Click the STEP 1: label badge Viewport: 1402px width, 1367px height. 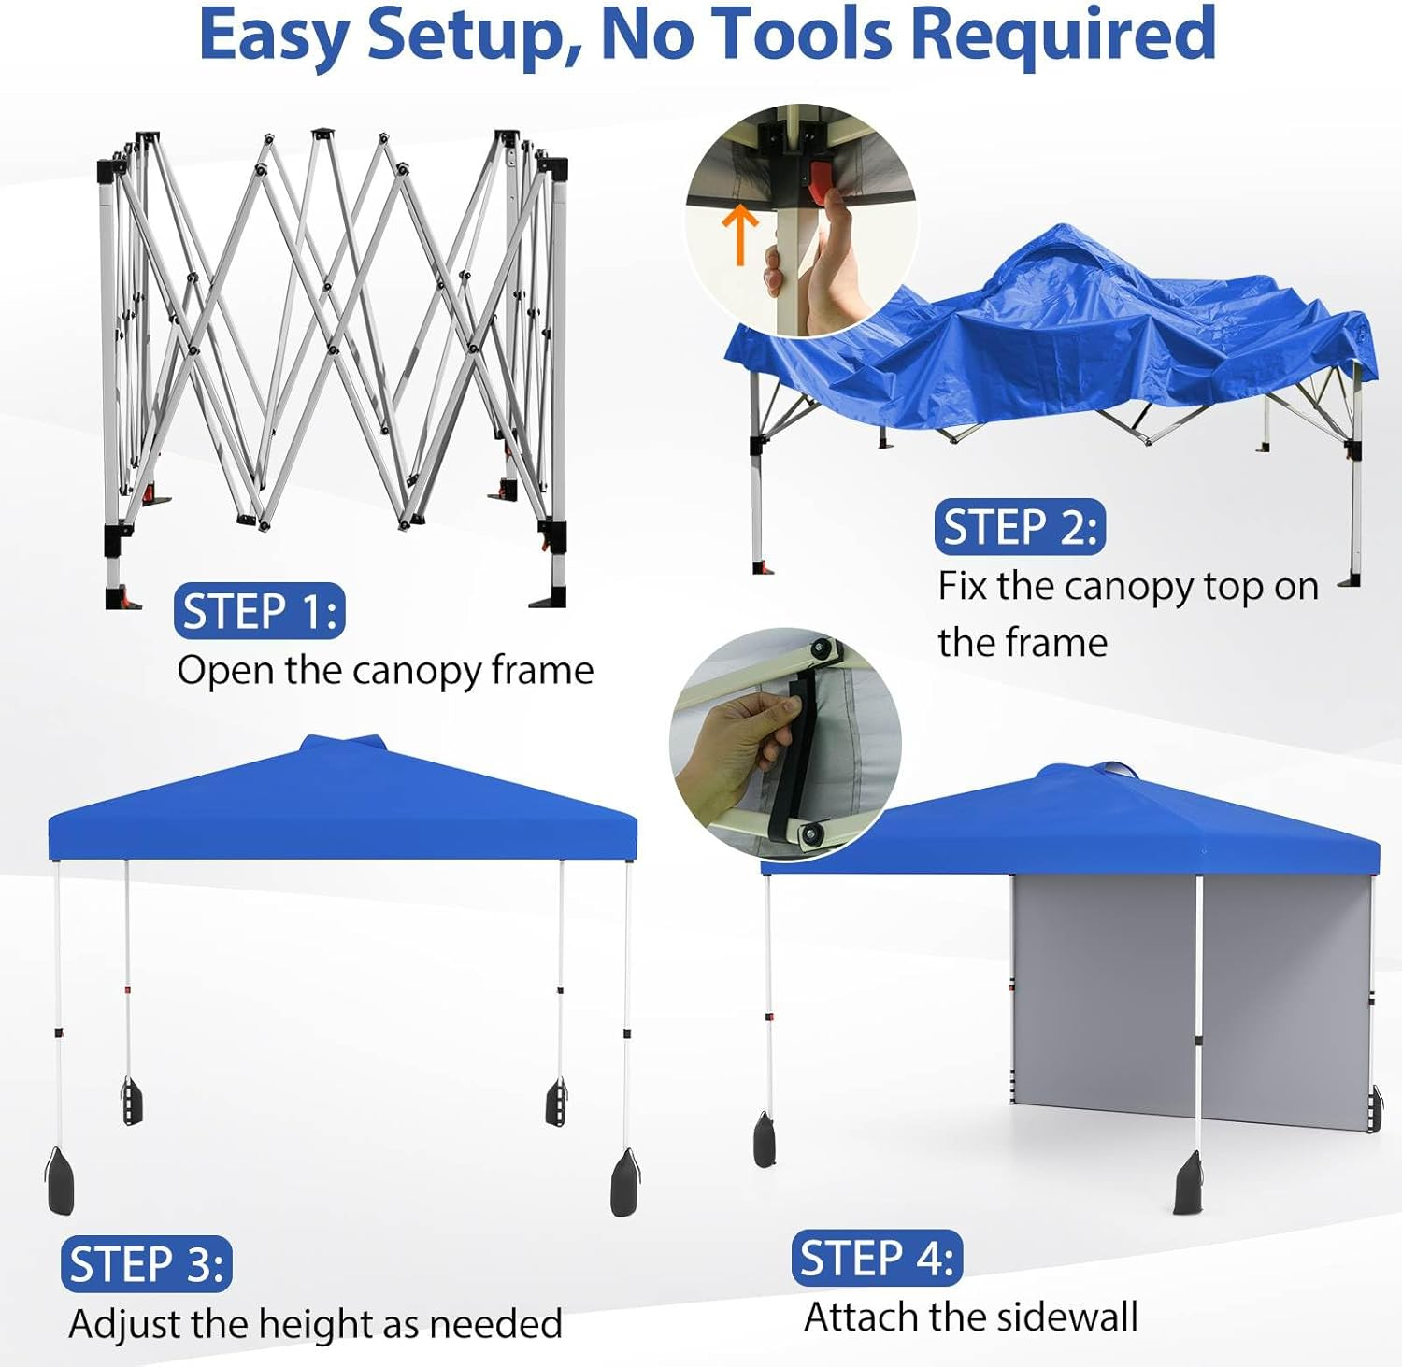tap(259, 612)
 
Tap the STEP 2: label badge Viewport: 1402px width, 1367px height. tap(1019, 527)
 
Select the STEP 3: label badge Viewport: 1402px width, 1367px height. tap(147, 1265)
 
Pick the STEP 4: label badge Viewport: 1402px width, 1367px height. tap(877, 1258)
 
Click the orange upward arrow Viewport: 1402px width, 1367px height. tap(740, 234)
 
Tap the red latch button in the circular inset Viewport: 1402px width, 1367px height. tap(820, 181)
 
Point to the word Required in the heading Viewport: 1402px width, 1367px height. tap(1063, 35)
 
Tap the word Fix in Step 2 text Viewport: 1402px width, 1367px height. tap(963, 587)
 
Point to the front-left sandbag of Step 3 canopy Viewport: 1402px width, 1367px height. tap(59, 1181)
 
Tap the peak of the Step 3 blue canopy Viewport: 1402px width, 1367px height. tap(343, 743)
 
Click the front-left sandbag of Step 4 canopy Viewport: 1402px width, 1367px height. tap(765, 1141)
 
